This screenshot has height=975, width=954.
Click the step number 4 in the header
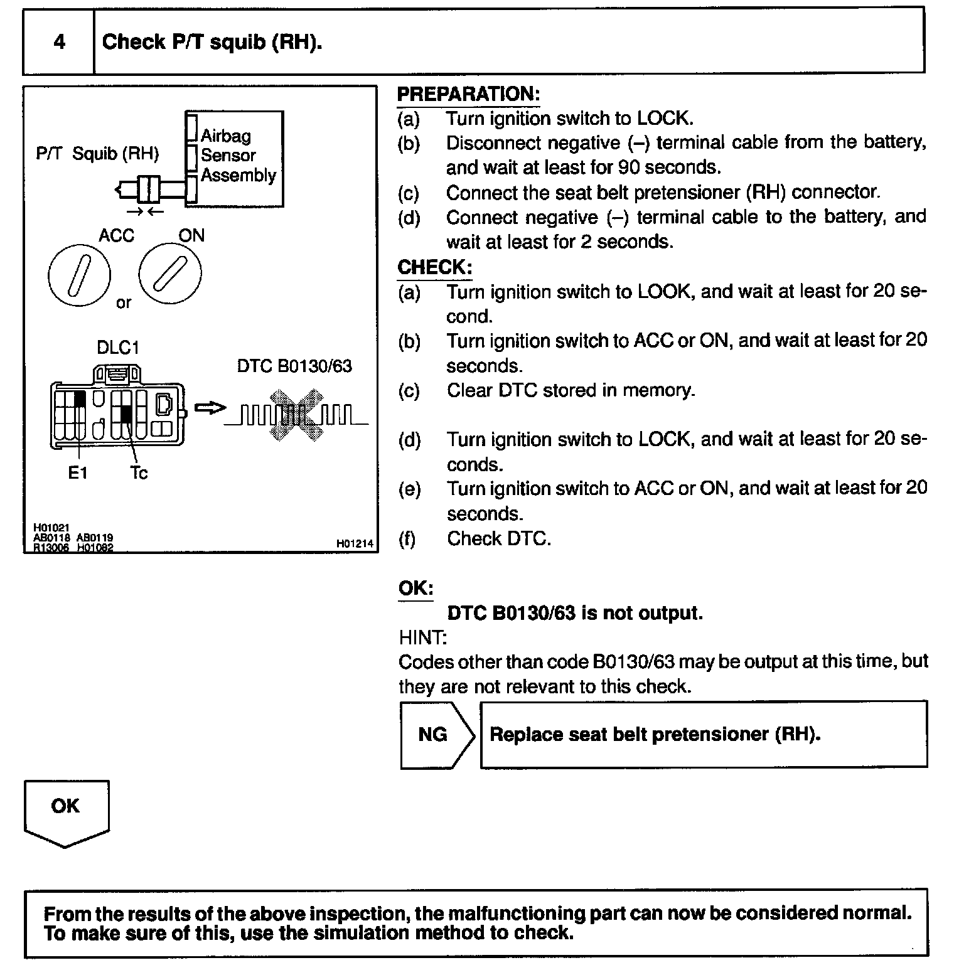[60, 42]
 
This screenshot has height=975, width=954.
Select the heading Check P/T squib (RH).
[212, 42]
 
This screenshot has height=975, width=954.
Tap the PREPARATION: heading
[468, 94]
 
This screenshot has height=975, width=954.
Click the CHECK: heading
[434, 267]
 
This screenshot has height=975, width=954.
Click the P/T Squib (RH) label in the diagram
[97, 154]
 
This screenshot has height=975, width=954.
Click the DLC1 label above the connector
[118, 348]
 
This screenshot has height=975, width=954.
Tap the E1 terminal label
[77, 472]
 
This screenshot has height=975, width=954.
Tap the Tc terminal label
[139, 472]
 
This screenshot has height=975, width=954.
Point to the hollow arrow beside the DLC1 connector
[210, 408]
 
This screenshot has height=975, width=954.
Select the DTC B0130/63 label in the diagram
[294, 366]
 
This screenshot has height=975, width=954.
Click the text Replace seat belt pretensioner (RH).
[655, 734]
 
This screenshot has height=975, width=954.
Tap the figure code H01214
[355, 544]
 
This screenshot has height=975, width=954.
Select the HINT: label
[422, 637]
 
